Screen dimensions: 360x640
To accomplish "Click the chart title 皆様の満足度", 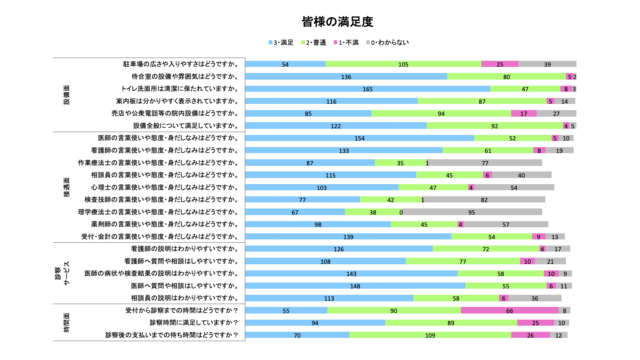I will click(x=337, y=22).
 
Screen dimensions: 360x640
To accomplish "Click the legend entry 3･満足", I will click(x=281, y=43).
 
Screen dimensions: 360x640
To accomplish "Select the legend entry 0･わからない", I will click(x=387, y=43).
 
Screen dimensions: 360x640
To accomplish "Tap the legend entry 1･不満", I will click(x=346, y=43).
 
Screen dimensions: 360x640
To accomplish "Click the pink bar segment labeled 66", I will click(x=510, y=311).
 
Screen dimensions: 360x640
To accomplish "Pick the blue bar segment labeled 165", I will click(x=368, y=89).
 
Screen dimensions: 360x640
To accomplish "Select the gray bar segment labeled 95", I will click(x=471, y=212).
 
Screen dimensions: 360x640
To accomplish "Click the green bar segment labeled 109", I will click(x=430, y=335).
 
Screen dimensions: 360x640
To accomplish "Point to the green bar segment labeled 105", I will click(x=403, y=64).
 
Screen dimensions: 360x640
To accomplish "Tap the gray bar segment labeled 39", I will click(x=547, y=64).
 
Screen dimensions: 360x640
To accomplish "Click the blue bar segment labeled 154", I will click(x=360, y=138).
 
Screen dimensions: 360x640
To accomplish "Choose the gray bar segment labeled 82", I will click(x=484, y=200).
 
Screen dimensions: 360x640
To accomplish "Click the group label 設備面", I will click(x=67, y=95).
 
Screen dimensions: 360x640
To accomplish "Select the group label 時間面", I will click(x=67, y=322).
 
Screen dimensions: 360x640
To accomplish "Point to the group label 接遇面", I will click(x=67, y=187).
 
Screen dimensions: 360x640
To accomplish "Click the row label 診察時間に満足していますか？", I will click(x=194, y=323).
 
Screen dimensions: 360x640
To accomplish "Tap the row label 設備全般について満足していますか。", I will click(x=186, y=126).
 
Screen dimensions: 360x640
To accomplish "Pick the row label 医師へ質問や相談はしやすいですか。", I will click(x=185, y=286).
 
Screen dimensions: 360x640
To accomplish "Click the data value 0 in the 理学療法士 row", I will click(x=401, y=212).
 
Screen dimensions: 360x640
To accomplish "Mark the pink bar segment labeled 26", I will click(x=530, y=335).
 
